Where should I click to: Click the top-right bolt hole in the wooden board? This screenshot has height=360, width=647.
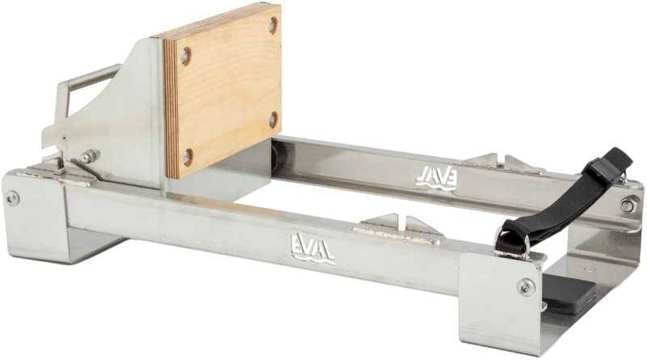click(273, 25)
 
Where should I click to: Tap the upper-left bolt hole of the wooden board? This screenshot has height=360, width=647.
click(186, 56)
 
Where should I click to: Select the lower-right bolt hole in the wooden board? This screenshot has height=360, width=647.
click(273, 119)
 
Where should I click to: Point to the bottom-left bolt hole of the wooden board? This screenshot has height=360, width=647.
click(188, 157)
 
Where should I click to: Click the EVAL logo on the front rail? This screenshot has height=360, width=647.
click(313, 248)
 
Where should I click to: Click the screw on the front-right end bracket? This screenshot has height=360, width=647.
click(526, 286)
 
